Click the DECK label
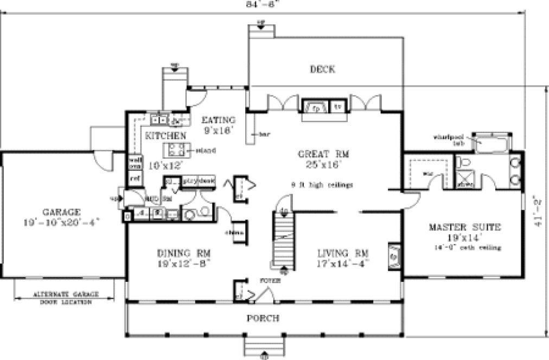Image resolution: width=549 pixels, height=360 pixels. (322, 69)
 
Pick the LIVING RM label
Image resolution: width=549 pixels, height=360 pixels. (343, 253)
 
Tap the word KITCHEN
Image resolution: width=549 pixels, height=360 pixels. (165, 135)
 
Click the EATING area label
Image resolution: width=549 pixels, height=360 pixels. (218, 120)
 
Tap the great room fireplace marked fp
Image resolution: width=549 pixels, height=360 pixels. (314, 107)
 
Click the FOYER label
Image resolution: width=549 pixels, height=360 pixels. (273, 280)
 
